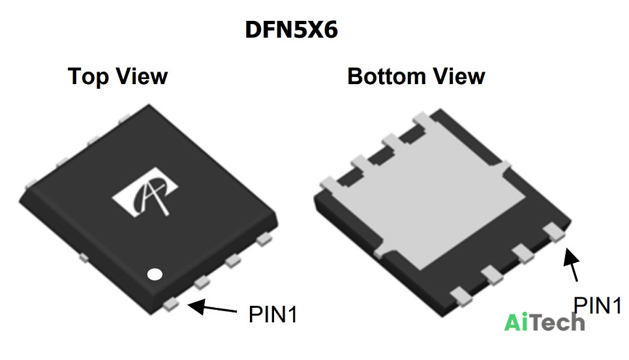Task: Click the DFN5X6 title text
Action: [x=292, y=30]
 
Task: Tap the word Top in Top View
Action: [x=88, y=77]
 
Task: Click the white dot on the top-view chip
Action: [x=155, y=274]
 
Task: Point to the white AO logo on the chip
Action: [x=146, y=193]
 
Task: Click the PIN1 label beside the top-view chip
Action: [x=273, y=314]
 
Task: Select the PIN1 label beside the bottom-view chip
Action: [x=597, y=305]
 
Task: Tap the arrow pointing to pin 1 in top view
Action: [x=212, y=307]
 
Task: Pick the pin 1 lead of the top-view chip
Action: [x=172, y=305]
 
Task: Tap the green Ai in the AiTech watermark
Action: [x=515, y=322]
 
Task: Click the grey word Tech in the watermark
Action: [x=556, y=322]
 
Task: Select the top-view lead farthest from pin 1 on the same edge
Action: [x=264, y=240]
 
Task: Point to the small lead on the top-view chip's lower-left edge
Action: [x=83, y=258]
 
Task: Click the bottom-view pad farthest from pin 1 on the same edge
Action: [x=461, y=297]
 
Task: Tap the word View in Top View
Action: [x=142, y=76]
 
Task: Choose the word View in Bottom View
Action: [x=459, y=76]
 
